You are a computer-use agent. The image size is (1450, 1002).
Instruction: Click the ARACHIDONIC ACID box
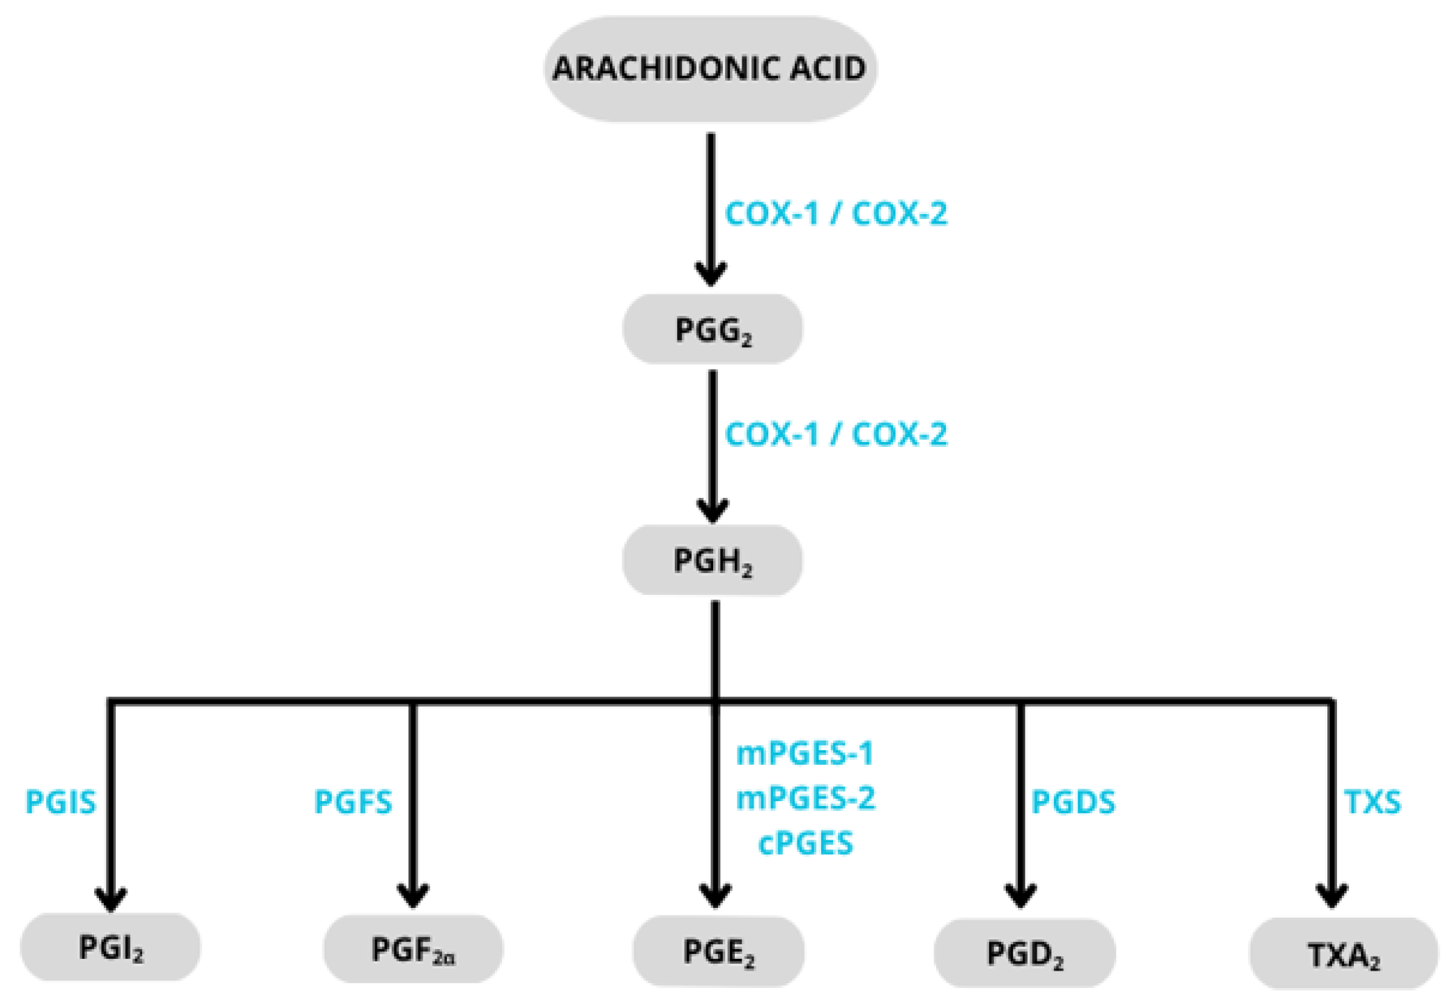click(710, 69)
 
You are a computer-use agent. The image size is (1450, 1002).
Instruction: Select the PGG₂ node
click(712, 329)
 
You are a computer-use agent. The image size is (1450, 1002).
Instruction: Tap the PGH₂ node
click(712, 560)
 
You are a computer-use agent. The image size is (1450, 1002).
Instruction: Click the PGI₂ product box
click(110, 948)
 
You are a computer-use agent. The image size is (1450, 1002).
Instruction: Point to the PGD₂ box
click(1024, 953)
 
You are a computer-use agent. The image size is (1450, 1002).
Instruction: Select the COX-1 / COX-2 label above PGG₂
click(836, 213)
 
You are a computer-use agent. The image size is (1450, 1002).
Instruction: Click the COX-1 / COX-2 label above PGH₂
click(836, 434)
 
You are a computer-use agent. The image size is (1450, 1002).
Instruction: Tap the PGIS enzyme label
click(61, 802)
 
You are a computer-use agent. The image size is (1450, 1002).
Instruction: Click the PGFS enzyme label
click(353, 802)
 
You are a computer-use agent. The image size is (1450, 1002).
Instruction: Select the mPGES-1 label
click(805, 754)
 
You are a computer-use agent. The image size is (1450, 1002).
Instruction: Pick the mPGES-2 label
click(805, 798)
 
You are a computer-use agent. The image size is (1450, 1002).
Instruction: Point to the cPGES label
click(805, 843)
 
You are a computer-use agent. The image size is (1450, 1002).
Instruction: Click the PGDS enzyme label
click(1073, 802)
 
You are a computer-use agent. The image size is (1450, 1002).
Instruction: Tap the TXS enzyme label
click(1372, 802)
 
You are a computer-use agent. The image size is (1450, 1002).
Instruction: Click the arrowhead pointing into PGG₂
click(711, 274)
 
